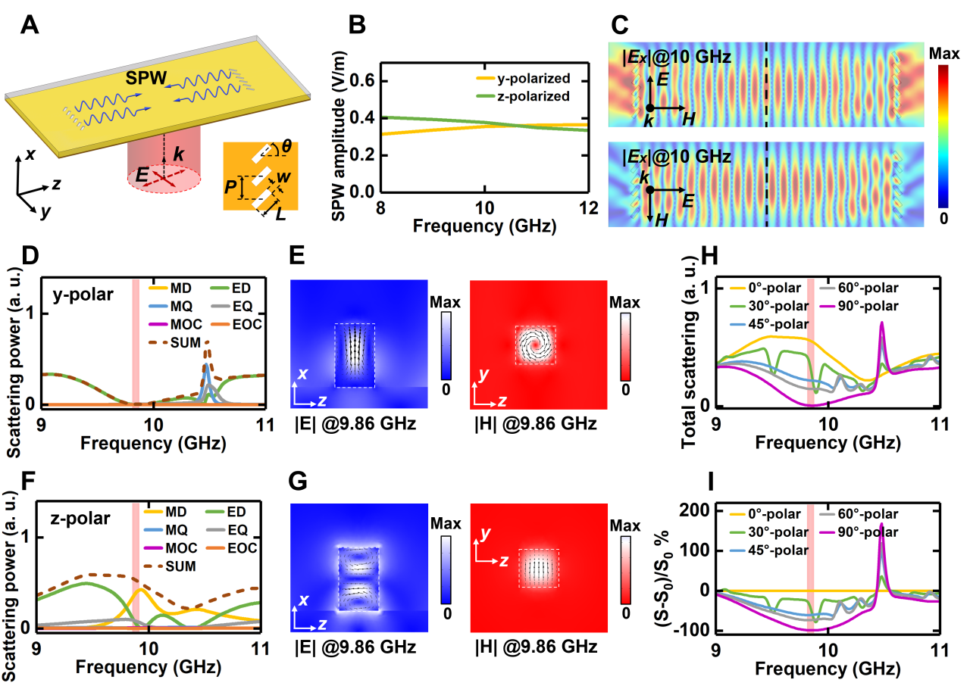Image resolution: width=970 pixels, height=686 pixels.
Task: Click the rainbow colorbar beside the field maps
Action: click(943, 136)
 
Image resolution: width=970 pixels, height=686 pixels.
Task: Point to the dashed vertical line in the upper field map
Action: click(767, 83)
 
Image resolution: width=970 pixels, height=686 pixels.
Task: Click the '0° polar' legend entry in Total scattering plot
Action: click(765, 288)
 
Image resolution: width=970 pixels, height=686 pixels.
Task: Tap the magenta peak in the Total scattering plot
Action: click(881, 325)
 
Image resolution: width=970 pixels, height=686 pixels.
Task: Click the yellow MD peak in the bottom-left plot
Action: click(141, 591)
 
